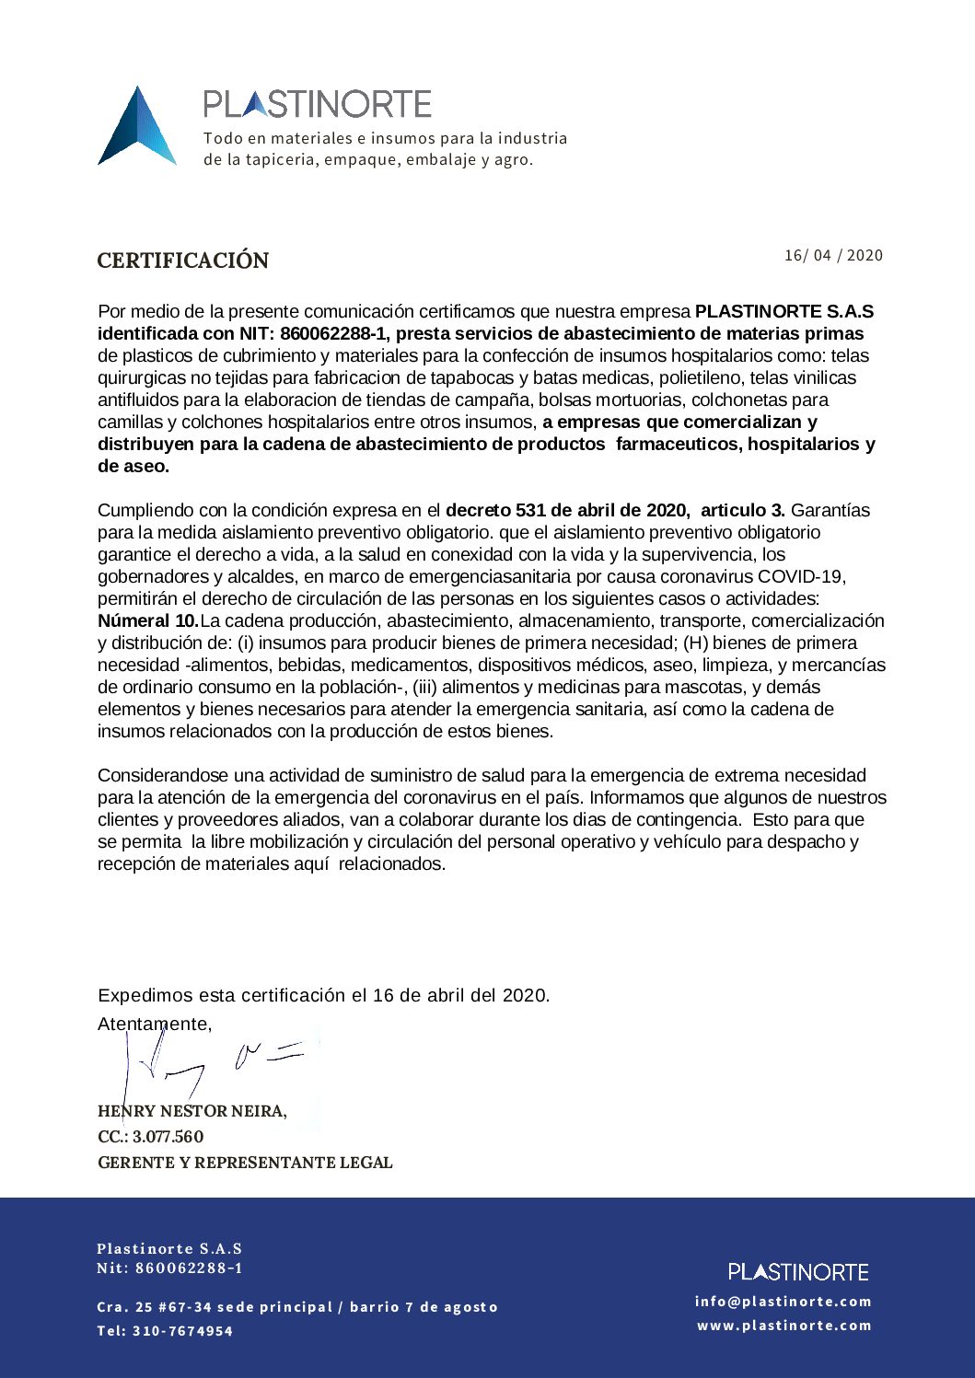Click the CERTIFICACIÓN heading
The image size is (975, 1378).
coord(183,261)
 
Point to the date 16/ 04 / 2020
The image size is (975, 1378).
coord(832,255)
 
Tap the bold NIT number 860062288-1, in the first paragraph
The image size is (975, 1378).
coord(335,333)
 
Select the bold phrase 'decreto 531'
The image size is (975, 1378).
coord(495,510)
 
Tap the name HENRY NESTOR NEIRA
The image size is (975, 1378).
coord(192,1111)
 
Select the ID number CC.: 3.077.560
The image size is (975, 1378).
coord(151,1137)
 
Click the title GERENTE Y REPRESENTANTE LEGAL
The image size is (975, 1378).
coord(245,1163)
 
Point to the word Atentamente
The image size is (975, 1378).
coord(155,1024)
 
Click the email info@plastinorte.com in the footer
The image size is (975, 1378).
coord(783,1301)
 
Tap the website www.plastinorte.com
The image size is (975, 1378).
coord(783,1325)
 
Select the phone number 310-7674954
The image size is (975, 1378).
coord(182,1330)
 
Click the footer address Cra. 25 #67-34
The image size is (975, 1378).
coord(155,1307)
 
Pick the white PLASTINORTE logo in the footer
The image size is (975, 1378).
coord(798,1271)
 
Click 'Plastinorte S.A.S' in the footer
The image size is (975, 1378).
coord(169,1248)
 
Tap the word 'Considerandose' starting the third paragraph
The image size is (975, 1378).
coord(162,775)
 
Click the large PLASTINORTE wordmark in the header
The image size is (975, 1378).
coord(317,104)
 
